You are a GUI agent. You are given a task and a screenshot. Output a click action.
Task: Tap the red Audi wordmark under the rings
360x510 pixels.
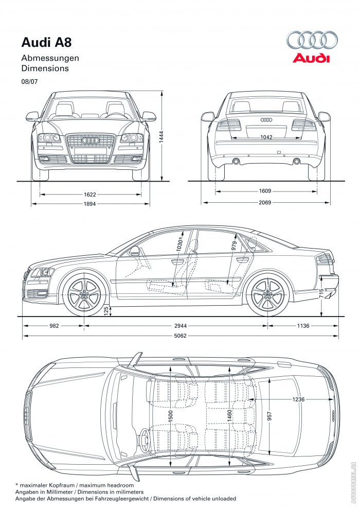click(x=311, y=58)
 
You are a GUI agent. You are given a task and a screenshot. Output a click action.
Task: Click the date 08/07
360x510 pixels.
click(x=29, y=81)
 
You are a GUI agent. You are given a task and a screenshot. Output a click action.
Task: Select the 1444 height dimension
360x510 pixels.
click(x=161, y=136)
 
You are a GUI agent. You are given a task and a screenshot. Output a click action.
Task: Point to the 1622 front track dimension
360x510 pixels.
click(x=90, y=195)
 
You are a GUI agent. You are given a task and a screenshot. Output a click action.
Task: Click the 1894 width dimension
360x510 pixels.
click(x=90, y=204)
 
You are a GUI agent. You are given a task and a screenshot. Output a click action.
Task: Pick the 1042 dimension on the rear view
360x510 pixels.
click(x=266, y=138)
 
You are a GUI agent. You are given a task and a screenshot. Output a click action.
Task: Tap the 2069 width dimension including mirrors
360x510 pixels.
click(x=265, y=203)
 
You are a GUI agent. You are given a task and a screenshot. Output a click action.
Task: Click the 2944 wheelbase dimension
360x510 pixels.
click(x=175, y=326)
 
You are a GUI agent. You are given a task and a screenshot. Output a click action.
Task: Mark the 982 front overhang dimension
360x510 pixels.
click(x=54, y=326)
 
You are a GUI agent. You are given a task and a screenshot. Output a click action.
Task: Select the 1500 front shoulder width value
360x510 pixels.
click(x=170, y=416)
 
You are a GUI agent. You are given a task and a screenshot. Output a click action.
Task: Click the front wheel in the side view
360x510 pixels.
click(x=84, y=296)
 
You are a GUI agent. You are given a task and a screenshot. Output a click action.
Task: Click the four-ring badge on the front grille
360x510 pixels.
click(x=91, y=140)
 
